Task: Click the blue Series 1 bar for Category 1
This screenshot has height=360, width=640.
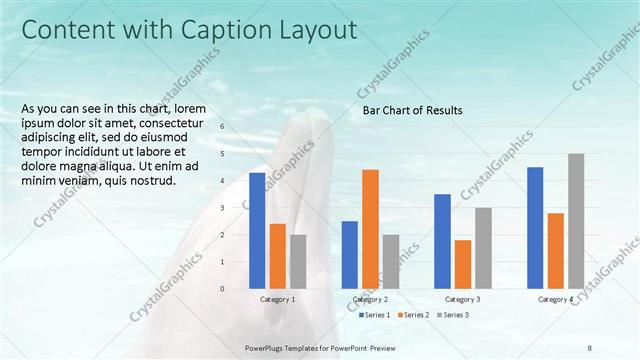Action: (x=257, y=230)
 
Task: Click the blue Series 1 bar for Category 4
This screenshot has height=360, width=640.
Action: (x=535, y=227)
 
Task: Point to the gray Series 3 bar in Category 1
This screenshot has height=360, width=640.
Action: (x=298, y=261)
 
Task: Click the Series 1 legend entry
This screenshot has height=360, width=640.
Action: (x=376, y=315)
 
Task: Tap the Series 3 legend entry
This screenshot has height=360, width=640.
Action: (x=453, y=315)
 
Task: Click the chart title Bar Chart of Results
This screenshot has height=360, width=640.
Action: (x=412, y=111)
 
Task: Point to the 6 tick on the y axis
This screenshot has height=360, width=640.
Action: (x=222, y=127)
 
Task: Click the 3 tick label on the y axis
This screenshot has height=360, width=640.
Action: (x=222, y=208)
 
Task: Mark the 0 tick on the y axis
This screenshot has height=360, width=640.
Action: (x=222, y=289)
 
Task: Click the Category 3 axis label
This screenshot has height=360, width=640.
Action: (x=462, y=300)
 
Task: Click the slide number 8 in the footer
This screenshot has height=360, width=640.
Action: (x=590, y=347)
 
